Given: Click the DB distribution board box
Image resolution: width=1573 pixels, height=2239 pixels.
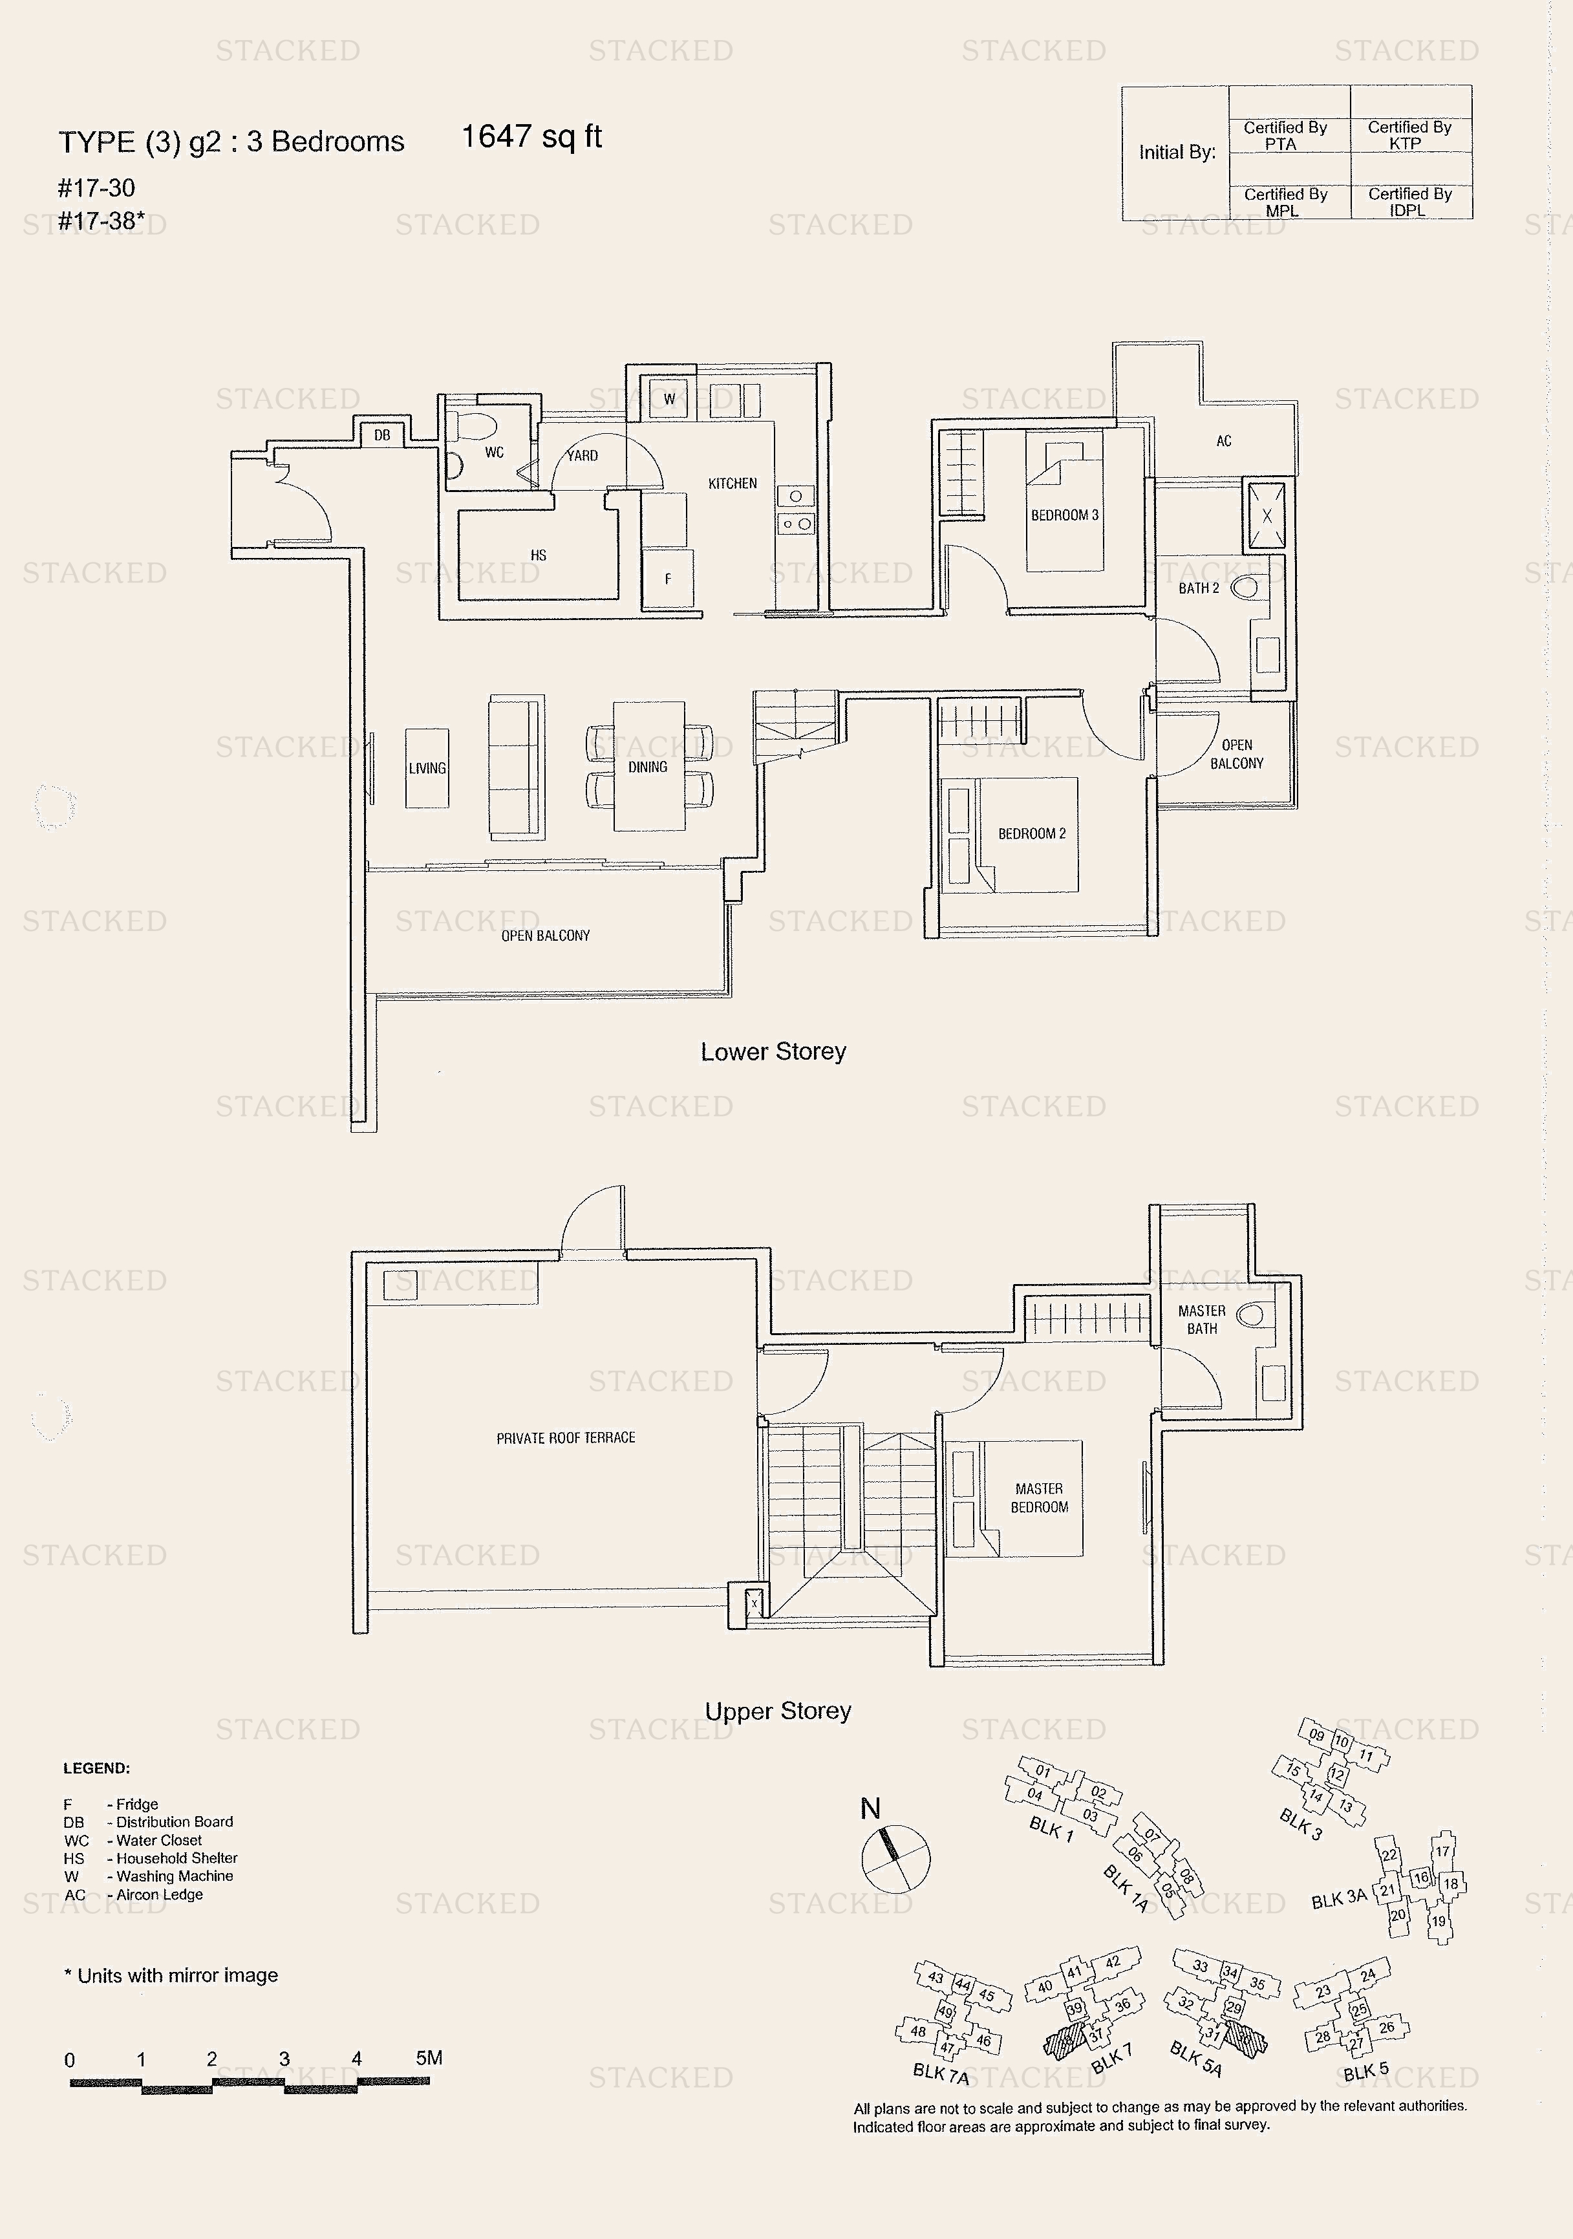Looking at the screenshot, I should click(x=381, y=434).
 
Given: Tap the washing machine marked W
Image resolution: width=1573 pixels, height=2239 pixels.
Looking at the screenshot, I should click(x=669, y=398).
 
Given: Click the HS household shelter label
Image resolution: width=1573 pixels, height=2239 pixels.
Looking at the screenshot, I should click(x=539, y=555).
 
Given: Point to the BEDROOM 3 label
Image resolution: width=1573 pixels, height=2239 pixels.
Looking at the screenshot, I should click(x=1064, y=515).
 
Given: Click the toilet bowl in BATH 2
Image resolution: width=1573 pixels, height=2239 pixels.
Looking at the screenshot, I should click(x=1245, y=588).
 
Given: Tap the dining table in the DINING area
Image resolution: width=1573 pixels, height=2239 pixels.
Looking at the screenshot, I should click(x=648, y=767).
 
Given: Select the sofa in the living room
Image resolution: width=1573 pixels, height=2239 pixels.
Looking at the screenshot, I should click(x=516, y=767).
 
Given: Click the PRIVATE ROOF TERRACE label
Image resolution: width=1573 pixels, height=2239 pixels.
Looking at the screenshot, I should click(x=566, y=1437).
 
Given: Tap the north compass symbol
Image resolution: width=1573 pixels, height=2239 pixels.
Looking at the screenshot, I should click(x=895, y=1859).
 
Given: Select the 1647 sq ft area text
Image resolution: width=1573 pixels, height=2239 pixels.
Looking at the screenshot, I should click(x=531, y=136).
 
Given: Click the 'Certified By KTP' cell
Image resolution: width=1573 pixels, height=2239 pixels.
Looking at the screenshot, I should click(x=1409, y=134).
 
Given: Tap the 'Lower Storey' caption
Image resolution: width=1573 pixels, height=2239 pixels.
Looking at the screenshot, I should click(x=773, y=1051).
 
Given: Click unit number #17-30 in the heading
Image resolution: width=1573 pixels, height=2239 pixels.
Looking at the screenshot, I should click(x=96, y=187).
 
